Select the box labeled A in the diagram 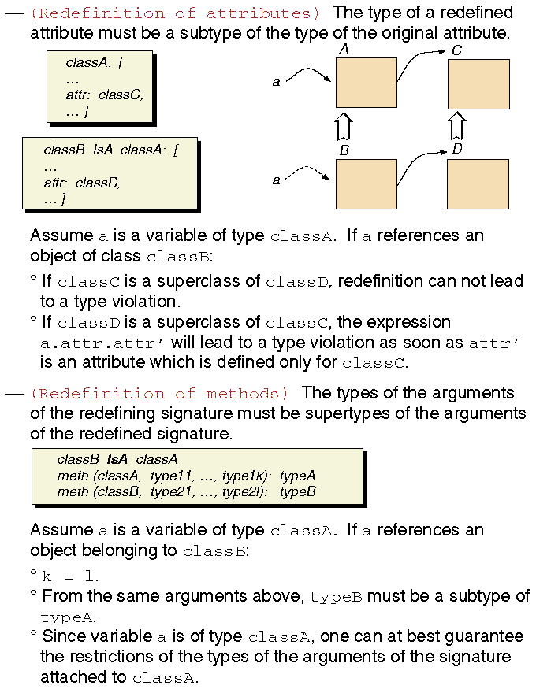click(366, 83)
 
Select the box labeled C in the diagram click(478, 83)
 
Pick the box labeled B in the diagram click(366, 183)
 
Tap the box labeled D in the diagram click(478, 183)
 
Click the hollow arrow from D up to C click(456, 126)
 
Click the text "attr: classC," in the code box click(105, 95)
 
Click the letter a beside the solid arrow click(276, 81)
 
